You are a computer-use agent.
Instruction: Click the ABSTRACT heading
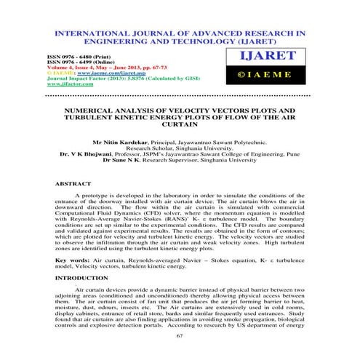[x=73, y=185]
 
